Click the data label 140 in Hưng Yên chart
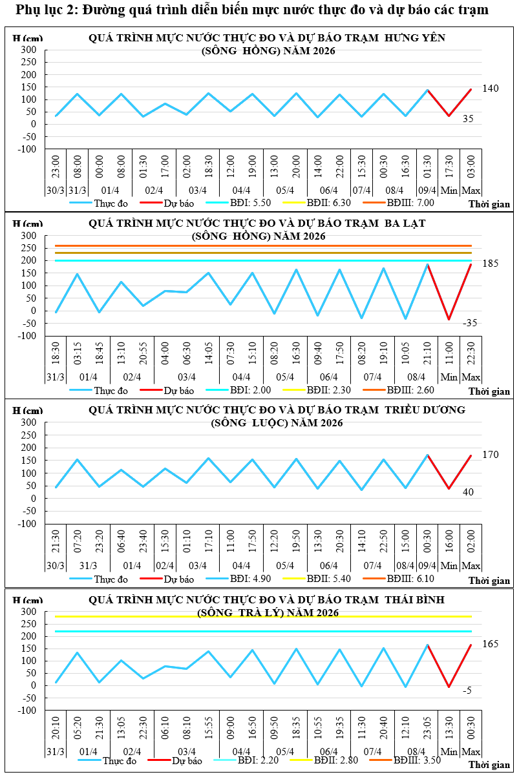(491, 88)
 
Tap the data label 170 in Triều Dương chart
(491, 455)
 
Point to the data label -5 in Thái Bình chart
(467, 691)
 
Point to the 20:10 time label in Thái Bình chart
(56, 730)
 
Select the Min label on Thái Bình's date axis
(449, 752)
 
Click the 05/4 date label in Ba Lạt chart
(285, 377)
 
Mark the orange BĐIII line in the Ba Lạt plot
(259, 245)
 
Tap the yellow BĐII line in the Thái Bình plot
(259, 616)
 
